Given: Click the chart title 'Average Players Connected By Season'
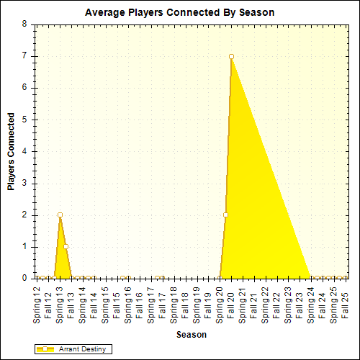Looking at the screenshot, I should [179, 13].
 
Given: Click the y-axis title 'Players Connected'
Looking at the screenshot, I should [11, 151].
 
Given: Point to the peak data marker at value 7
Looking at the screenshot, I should [231, 56].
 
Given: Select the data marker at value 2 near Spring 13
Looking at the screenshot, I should [60, 215].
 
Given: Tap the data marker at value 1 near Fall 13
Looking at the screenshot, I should [66, 246].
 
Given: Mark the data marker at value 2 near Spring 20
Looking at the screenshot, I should [225, 215].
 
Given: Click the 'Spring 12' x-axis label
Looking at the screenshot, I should [37, 302].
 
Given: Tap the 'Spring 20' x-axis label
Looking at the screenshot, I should [220, 302].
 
